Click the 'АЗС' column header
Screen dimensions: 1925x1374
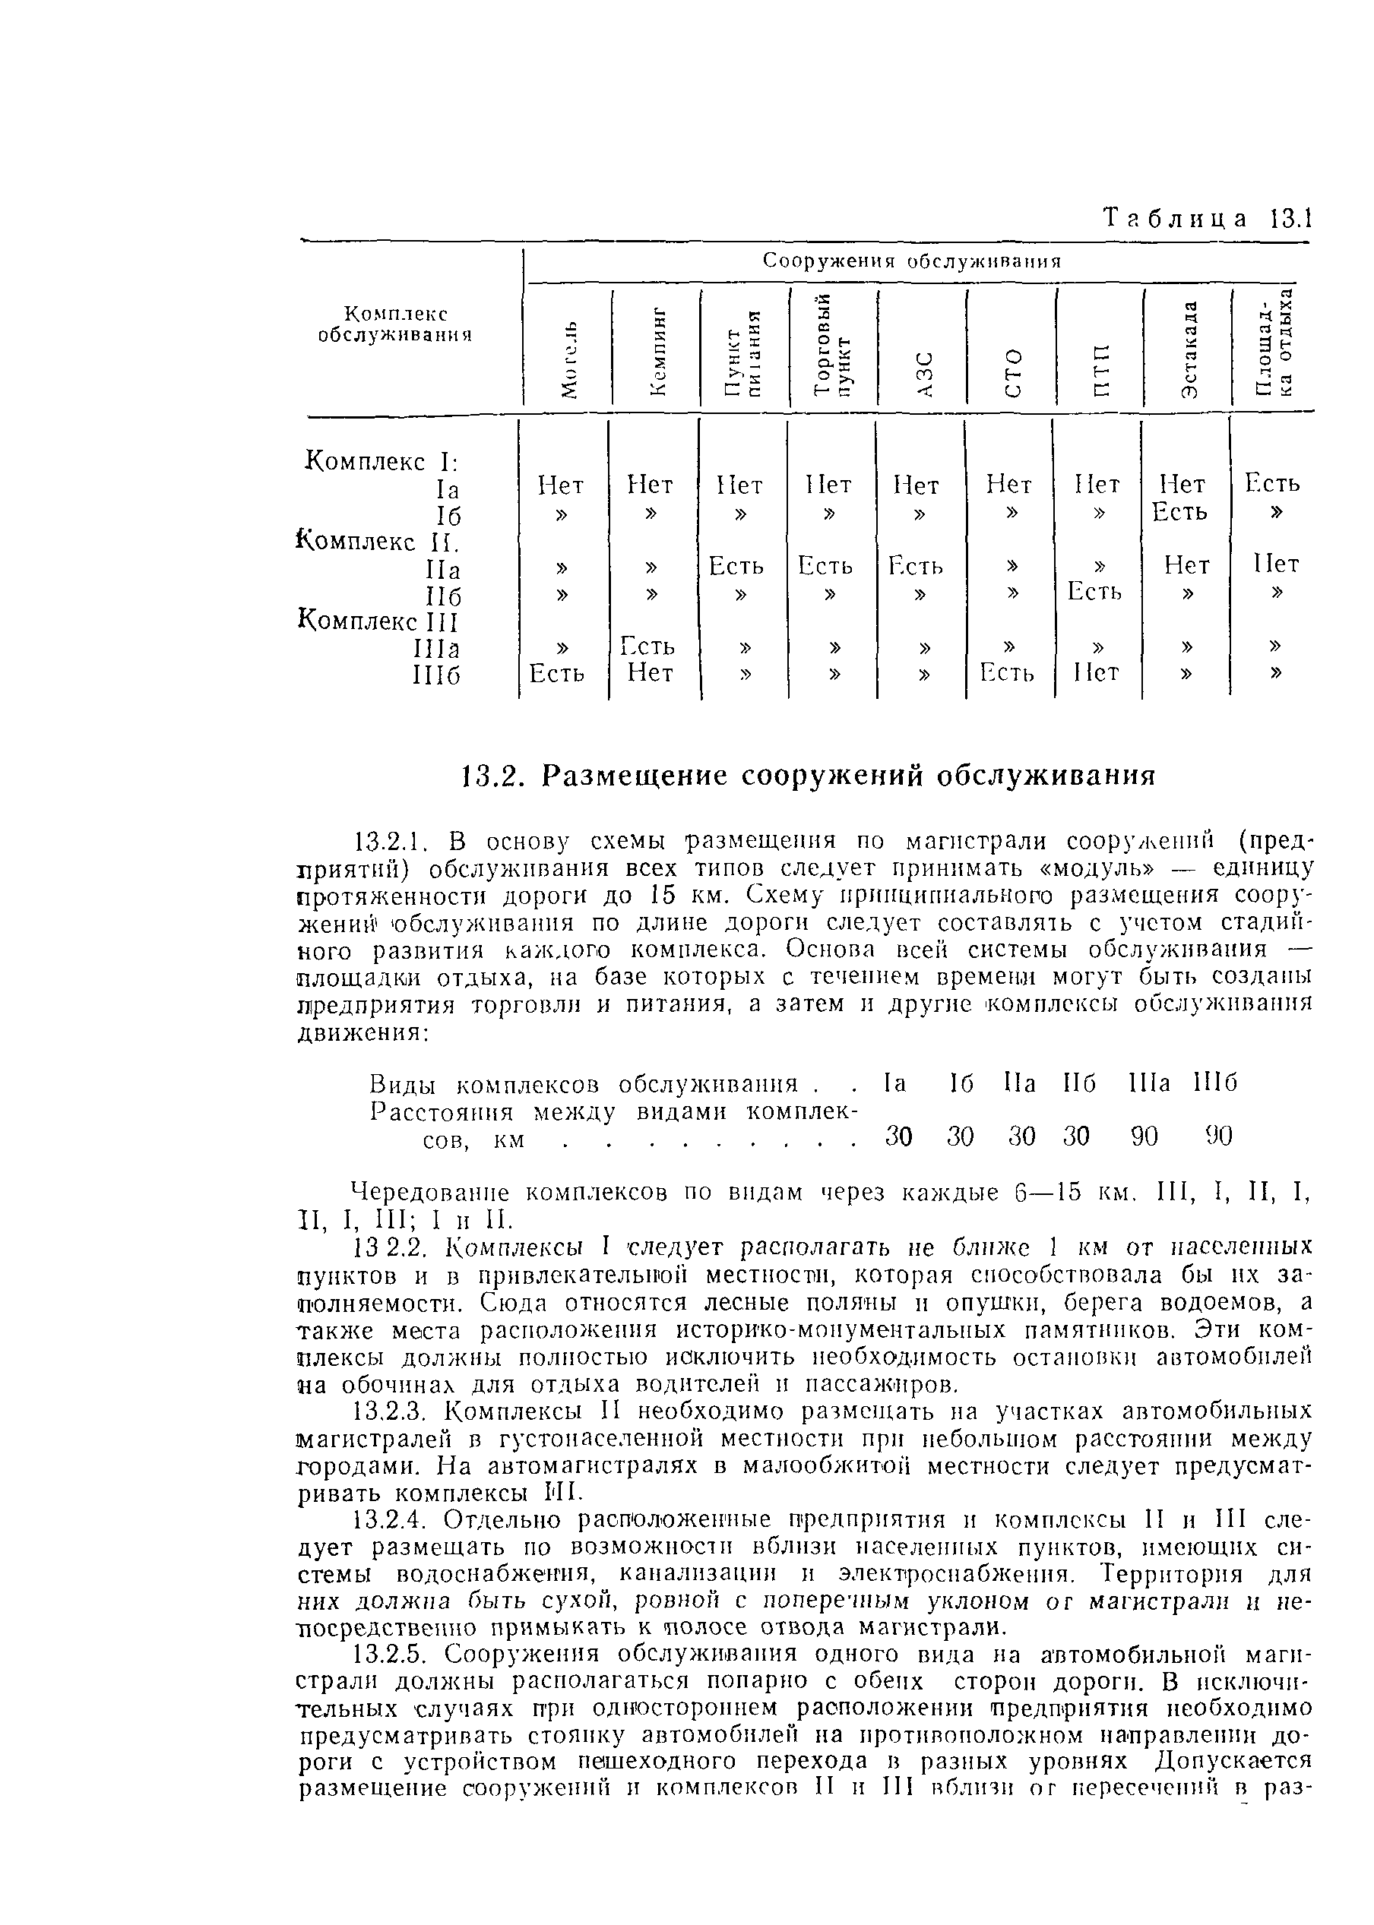click(926, 372)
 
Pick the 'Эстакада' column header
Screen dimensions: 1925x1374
click(1189, 349)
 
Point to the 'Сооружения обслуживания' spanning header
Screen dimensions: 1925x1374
click(911, 261)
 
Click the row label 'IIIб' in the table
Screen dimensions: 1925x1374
click(435, 675)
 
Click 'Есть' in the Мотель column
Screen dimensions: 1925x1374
click(557, 673)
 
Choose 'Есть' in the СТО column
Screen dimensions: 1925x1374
click(1007, 673)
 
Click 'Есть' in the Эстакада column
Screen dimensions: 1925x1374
click(1179, 512)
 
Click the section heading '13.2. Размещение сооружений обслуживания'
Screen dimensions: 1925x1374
click(808, 775)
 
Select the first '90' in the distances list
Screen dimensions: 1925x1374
click(1144, 1136)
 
